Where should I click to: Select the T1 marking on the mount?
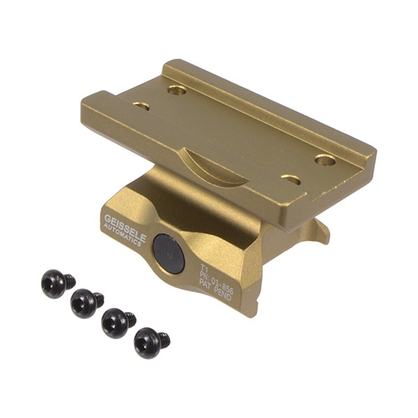(x=204, y=267)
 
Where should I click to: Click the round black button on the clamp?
(x=169, y=253)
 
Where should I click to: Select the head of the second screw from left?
(x=83, y=303)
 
